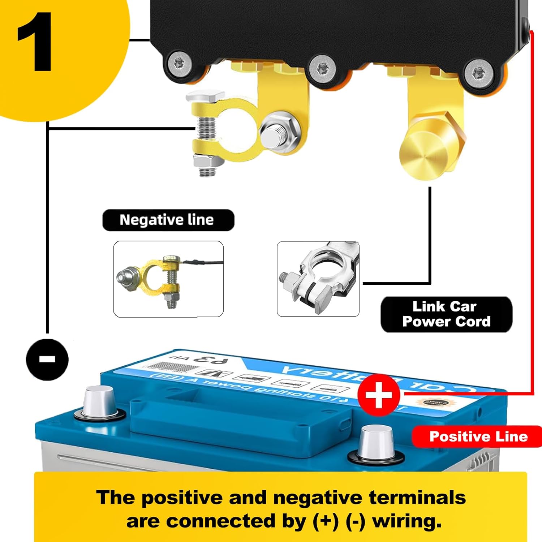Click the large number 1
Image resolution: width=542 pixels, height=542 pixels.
click(35, 43)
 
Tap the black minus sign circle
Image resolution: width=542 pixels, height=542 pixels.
click(47, 359)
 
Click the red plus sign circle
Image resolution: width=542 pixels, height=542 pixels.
click(378, 395)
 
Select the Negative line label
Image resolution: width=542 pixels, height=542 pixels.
click(168, 220)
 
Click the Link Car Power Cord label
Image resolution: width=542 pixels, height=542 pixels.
click(446, 314)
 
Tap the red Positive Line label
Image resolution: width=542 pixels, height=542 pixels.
click(478, 436)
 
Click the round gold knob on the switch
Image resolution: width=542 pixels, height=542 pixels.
click(423, 155)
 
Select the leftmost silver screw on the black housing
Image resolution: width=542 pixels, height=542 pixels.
click(178, 64)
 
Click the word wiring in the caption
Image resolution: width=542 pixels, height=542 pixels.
click(406, 521)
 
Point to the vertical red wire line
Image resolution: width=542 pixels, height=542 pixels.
click(532, 217)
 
